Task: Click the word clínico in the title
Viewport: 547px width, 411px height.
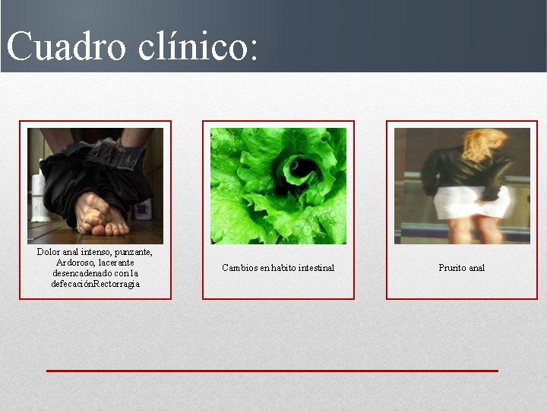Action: [200, 46]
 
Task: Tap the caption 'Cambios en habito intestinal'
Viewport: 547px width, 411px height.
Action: [278, 268]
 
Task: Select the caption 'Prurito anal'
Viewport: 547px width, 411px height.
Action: [461, 268]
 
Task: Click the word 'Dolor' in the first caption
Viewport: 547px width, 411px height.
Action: [49, 252]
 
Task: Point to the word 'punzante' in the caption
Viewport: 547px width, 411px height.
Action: [133, 252]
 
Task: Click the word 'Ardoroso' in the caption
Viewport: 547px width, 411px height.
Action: [74, 263]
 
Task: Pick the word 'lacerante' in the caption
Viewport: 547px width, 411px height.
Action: [115, 263]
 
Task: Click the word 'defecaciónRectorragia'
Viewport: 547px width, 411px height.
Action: [96, 284]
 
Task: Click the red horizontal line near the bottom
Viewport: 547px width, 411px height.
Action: [272, 371]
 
